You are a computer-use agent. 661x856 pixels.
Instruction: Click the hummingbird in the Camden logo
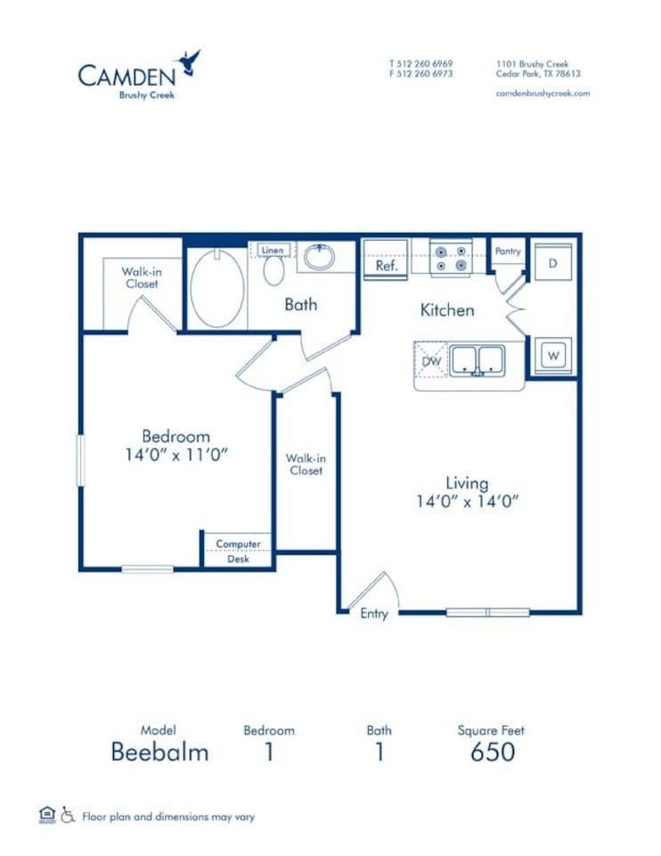(189, 62)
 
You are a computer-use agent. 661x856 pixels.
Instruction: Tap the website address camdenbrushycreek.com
(543, 94)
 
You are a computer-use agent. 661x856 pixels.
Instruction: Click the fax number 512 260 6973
(421, 74)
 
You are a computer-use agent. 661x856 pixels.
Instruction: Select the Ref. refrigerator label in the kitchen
(386, 265)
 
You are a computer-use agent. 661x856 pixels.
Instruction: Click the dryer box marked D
(552, 263)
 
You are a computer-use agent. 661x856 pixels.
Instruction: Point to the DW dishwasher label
(432, 361)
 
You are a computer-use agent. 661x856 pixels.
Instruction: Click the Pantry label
(508, 251)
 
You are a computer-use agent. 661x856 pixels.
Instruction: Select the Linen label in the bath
(273, 251)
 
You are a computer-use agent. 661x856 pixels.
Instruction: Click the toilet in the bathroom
(273, 270)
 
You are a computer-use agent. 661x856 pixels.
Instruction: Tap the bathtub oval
(217, 287)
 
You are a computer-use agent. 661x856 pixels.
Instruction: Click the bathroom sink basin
(318, 258)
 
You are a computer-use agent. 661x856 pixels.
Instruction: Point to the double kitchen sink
(477, 359)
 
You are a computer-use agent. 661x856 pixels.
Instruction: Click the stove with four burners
(450, 259)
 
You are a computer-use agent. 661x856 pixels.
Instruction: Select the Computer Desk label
(238, 551)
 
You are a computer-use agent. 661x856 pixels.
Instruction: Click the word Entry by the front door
(374, 614)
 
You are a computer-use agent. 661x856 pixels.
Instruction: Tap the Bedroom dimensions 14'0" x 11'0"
(176, 455)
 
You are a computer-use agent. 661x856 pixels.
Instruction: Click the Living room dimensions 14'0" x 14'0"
(467, 501)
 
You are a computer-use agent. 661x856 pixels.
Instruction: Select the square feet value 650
(492, 752)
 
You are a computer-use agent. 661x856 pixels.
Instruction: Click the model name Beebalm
(159, 752)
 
